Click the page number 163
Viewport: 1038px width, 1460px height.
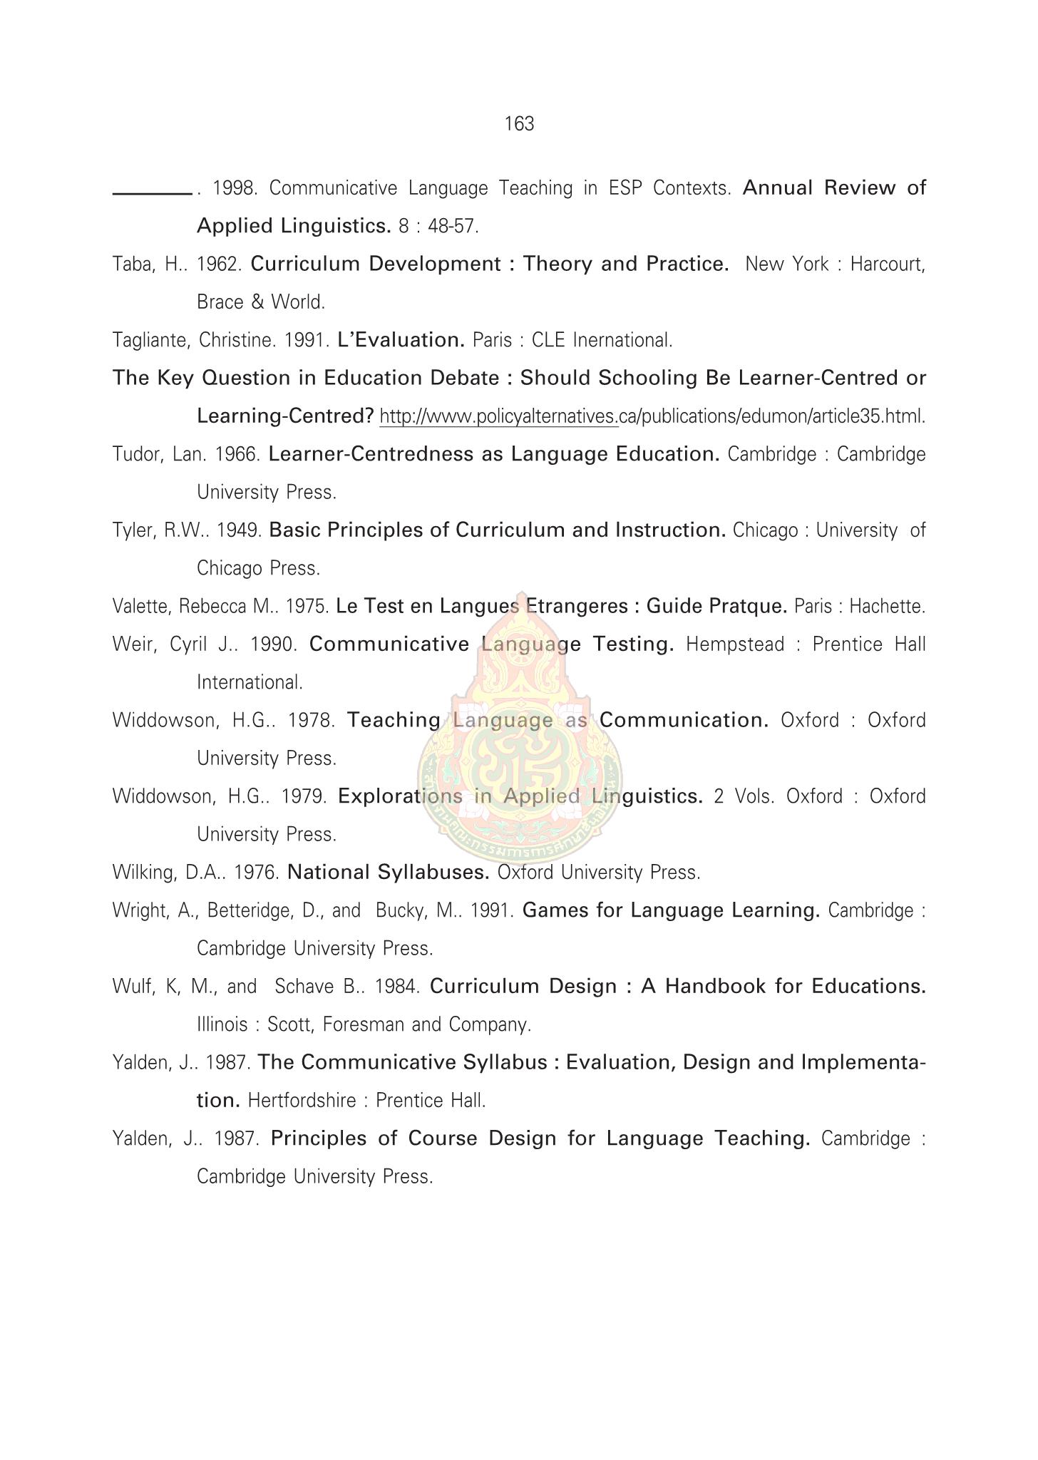519,125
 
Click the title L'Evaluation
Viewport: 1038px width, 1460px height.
401,341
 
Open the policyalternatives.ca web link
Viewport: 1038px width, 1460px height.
652,417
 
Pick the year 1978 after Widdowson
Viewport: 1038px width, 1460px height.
310,721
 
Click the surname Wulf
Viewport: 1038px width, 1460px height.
129,987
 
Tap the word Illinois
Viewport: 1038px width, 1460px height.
222,1025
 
